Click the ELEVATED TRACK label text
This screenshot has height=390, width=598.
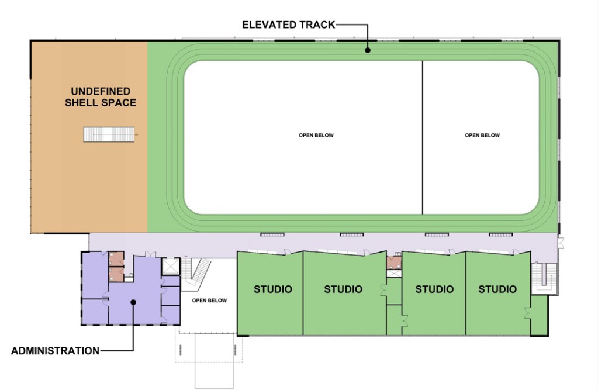289,25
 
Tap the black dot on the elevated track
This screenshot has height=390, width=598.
368,50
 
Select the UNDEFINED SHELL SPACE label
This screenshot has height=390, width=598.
101,97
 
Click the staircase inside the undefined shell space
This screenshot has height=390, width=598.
109,134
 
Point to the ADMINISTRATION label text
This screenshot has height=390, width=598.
56,351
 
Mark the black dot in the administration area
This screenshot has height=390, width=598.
133,302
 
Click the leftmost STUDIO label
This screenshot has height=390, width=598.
273,289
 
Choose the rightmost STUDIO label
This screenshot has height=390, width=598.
497,289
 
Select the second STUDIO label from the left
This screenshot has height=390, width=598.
343,289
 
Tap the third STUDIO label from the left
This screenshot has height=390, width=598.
434,289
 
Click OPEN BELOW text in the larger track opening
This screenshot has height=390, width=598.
316,135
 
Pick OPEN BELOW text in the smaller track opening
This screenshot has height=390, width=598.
482,135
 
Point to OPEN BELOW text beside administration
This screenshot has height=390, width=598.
209,301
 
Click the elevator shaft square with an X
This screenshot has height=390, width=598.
171,267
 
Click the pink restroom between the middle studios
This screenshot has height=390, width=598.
394,263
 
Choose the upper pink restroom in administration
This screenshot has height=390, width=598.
116,258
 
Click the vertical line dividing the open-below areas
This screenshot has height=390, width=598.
423,137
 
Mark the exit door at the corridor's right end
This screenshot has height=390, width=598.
561,243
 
